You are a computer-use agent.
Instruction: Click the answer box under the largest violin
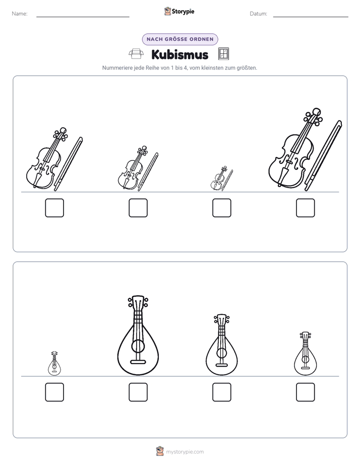click(x=306, y=208)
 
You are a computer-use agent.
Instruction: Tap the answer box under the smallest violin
click(x=221, y=208)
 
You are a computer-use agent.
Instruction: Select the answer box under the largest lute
click(x=138, y=392)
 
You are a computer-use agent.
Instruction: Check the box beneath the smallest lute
click(x=54, y=392)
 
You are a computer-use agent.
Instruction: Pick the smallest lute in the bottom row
click(x=54, y=363)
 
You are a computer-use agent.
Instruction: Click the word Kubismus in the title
click(x=179, y=54)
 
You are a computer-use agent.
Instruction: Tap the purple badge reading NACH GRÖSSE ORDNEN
click(x=180, y=39)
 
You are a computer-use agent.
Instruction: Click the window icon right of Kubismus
click(x=223, y=54)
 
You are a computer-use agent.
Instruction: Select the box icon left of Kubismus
click(x=136, y=54)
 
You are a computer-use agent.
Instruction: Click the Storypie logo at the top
click(x=179, y=12)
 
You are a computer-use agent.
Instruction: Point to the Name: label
click(x=20, y=14)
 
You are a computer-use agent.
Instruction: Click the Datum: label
click(x=259, y=14)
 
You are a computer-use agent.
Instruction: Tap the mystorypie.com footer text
click(x=185, y=452)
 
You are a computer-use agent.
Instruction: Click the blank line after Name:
click(x=83, y=17)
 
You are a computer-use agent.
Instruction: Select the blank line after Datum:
click(x=311, y=17)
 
